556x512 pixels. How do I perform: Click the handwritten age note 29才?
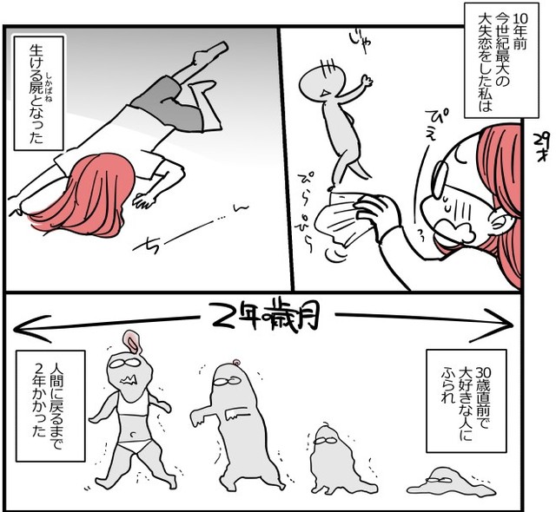pos(540,147)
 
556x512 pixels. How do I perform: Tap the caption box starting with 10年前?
pos(501,62)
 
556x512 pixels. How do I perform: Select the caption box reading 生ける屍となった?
pos(38,93)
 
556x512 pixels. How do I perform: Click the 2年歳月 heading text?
pos(264,316)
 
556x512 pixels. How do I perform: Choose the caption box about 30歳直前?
pos(466,401)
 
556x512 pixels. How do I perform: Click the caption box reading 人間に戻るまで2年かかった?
pos(50,406)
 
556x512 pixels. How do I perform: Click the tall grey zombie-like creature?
pos(235,425)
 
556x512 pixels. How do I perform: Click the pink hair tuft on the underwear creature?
pos(131,341)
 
